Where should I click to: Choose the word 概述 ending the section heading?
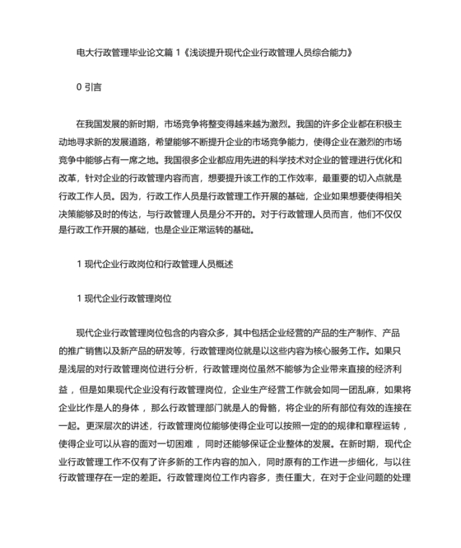[x=224, y=263]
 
